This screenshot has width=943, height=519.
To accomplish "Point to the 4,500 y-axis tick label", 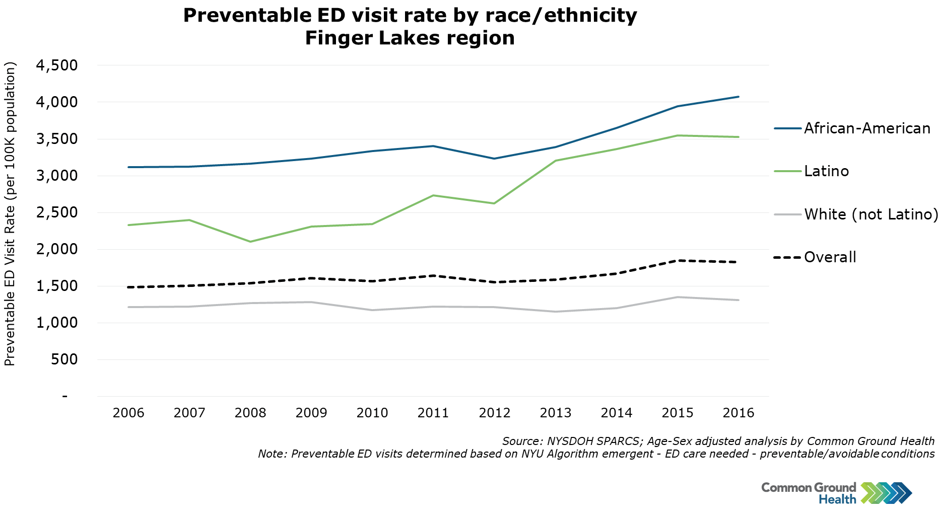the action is [57, 65].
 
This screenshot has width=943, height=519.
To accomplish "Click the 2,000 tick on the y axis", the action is [57, 249].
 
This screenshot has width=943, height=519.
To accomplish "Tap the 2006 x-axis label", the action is [128, 413].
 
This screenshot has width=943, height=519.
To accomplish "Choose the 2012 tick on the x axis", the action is [495, 413].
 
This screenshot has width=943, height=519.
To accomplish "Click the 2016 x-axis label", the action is [738, 413].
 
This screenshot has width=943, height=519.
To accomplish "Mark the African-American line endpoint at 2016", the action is [738, 97].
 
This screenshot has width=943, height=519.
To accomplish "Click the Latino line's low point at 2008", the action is [250, 242].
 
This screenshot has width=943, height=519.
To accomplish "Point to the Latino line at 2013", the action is [556, 161].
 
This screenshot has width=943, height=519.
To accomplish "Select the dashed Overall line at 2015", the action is [678, 260].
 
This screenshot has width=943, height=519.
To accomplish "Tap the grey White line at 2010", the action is [373, 310].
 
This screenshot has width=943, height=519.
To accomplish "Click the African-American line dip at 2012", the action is [495, 159].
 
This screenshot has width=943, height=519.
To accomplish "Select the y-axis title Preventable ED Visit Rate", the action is [10, 282].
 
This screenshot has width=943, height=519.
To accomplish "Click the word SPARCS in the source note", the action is [619, 441].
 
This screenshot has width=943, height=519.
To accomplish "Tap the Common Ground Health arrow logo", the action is [886, 493].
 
